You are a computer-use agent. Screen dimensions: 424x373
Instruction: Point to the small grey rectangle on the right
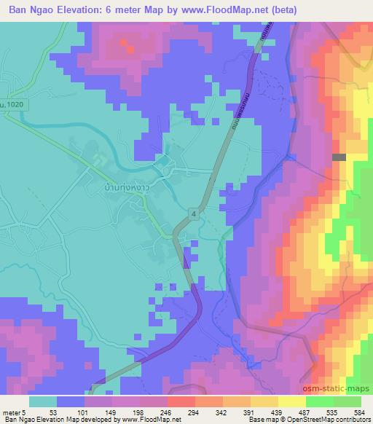tap(338, 157)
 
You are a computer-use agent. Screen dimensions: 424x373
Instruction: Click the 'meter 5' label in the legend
tap(12, 412)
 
